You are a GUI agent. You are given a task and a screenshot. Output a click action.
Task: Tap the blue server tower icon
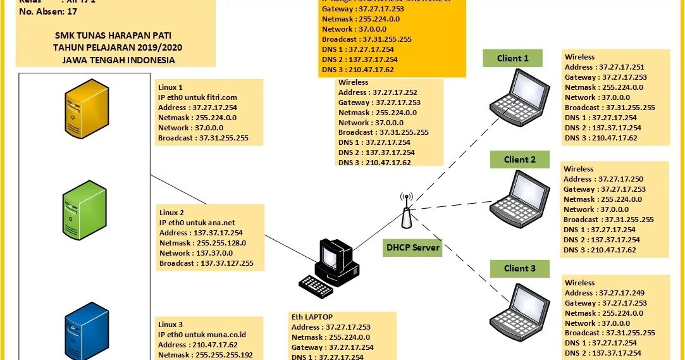pos(87,332)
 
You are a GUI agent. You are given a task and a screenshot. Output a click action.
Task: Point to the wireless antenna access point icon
pos(407,211)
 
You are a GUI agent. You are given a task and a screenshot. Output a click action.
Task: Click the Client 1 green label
pos(512,58)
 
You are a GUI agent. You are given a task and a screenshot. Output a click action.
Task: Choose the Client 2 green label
pos(519,159)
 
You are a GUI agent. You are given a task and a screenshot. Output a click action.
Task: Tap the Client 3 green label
pos(519,268)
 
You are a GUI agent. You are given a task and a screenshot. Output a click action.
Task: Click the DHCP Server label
pos(413,247)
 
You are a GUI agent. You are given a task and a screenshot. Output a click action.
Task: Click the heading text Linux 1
pos(170,87)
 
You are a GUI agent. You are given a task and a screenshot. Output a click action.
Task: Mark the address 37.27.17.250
pos(620,179)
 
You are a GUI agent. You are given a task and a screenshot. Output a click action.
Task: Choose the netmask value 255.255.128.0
pos(221,243)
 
